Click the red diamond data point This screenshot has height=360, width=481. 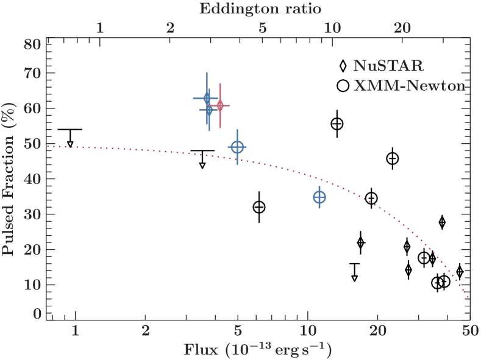coord(220,106)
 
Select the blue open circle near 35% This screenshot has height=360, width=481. coord(319,197)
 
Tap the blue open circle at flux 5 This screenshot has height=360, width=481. coord(238,147)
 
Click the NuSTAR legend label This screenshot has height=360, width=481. coord(388,65)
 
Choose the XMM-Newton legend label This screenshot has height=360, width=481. coord(409,86)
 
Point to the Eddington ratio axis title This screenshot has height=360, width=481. coord(260,9)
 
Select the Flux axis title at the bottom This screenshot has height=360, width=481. coord(258,350)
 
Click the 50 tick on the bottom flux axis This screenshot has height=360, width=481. coord(468,331)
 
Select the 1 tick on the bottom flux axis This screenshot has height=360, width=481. coord(75,331)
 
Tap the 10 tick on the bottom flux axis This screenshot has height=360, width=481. coord(308,331)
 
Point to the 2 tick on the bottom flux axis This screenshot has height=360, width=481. coord(145,331)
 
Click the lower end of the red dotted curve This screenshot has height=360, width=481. coord(468,297)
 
